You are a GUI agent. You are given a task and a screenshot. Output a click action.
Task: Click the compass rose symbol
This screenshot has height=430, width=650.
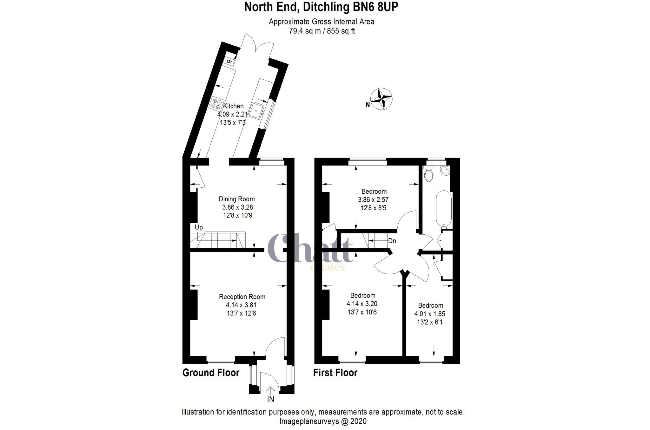click(x=381, y=99)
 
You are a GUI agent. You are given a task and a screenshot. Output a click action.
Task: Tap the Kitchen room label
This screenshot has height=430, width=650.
click(x=234, y=106)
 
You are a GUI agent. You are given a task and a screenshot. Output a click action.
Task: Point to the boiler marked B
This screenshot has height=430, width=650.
click(x=229, y=61)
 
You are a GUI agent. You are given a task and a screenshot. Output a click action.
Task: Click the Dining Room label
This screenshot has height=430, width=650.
click(x=237, y=199)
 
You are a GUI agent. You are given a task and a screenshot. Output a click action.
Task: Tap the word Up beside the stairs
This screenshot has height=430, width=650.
click(x=199, y=227)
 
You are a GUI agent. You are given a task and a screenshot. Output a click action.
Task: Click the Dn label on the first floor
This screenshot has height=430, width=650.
click(x=392, y=241)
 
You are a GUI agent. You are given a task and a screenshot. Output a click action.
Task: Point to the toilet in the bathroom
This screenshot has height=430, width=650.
click(x=428, y=174)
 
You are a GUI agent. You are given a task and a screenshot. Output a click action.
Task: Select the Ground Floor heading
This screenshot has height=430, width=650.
click(x=211, y=373)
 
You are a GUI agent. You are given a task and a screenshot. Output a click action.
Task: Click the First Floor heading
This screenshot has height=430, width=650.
click(x=335, y=373)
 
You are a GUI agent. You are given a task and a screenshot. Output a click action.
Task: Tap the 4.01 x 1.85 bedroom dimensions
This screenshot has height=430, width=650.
click(x=430, y=314)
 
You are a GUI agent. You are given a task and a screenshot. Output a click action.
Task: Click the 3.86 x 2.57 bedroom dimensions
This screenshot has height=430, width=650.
click(x=373, y=200)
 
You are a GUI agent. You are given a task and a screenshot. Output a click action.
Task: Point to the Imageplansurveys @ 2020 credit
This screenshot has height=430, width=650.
click(x=323, y=421)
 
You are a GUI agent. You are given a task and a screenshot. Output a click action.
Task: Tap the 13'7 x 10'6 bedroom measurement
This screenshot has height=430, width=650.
click(x=362, y=312)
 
